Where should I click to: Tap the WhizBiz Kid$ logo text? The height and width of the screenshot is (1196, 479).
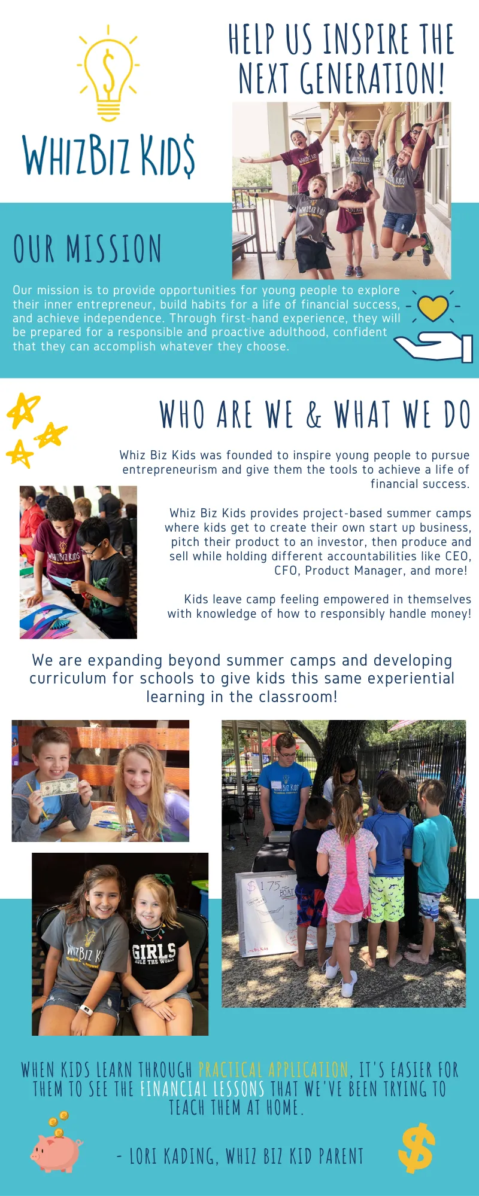point(108,155)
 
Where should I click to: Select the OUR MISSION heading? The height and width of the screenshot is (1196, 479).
point(87,249)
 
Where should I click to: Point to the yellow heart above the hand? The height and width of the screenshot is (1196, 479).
point(433,308)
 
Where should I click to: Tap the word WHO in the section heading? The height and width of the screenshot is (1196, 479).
point(183,414)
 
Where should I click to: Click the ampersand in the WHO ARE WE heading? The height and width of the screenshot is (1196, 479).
point(314,414)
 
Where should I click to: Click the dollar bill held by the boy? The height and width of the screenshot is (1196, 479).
point(60,786)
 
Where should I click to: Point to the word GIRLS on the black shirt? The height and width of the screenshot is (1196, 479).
point(154,951)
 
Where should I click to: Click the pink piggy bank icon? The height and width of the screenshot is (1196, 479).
point(57,1147)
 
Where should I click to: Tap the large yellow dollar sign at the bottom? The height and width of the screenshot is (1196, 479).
point(416,1148)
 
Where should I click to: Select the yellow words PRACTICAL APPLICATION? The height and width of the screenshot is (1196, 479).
point(273,1070)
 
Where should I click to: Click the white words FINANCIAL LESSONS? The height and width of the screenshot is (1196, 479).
point(202,1089)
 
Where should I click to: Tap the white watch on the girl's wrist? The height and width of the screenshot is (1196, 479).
point(86,1009)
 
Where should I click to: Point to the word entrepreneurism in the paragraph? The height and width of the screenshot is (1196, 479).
point(170,469)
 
